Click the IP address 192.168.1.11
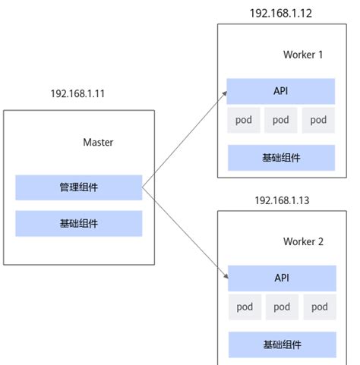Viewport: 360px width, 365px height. point(78,94)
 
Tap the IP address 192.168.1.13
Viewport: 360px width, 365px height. point(282,200)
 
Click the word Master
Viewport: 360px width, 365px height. point(98,142)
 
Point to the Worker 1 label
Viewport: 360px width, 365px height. point(303,55)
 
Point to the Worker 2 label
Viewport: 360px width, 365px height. point(303,241)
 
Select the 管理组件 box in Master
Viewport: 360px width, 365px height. point(79,187)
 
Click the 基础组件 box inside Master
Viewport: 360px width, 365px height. point(79,223)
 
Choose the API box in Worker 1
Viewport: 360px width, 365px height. point(281,91)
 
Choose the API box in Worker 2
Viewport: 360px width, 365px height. point(282,278)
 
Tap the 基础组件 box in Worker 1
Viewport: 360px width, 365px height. point(281,158)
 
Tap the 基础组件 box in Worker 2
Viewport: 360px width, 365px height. point(282,345)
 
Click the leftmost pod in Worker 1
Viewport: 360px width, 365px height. point(245,120)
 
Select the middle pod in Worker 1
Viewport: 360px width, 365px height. point(281,120)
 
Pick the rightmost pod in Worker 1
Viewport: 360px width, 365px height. point(318,120)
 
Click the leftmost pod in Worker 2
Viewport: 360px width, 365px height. point(245,307)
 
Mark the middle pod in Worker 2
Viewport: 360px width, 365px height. point(282,307)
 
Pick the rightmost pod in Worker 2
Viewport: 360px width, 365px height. point(319,307)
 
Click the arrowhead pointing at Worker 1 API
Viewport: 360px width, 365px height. point(224,93)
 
